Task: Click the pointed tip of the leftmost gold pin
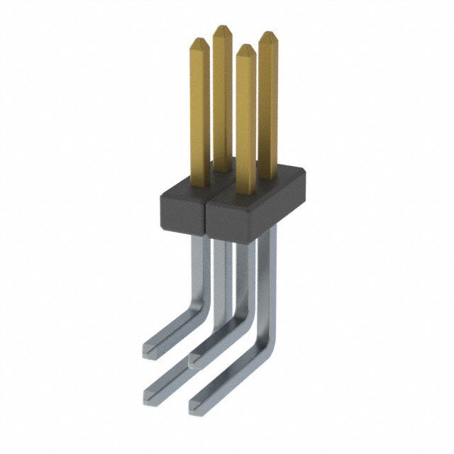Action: (x=199, y=41)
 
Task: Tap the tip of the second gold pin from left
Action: (x=222, y=29)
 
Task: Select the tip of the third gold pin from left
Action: (x=245, y=48)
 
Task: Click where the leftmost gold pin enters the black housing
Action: (x=199, y=179)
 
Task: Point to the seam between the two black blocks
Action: (x=205, y=216)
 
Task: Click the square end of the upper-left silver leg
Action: (x=149, y=348)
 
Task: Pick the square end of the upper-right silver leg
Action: (x=195, y=360)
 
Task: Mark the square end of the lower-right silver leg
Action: (x=196, y=405)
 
